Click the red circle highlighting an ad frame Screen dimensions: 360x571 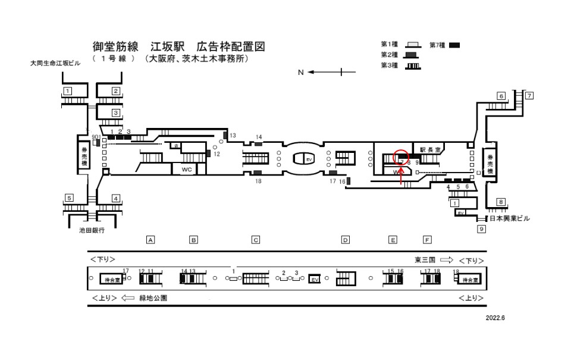coord(401,156)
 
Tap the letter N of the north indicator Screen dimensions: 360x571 coord(301,73)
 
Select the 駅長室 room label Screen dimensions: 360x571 coord(430,150)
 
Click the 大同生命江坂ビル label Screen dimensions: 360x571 coord(57,62)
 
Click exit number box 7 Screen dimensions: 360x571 coord(528,95)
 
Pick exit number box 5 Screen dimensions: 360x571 coord(69,198)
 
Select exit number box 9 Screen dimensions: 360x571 coord(481,228)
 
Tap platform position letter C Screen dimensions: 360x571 coord(255,240)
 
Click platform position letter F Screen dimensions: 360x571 coord(426,240)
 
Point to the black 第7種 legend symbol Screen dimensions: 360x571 coord(454,45)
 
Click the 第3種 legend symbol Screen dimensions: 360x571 coord(412,65)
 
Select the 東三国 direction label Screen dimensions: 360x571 coord(425,260)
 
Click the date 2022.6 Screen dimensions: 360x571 coord(494,317)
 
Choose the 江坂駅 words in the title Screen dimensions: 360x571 coord(168,46)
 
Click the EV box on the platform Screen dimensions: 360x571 coord(315,279)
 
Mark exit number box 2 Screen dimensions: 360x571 coord(116,91)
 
